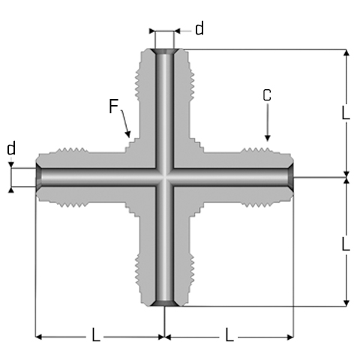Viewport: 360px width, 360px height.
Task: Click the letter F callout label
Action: [114, 106]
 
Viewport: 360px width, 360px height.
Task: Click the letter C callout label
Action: [267, 95]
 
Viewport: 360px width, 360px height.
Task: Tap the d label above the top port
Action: [199, 28]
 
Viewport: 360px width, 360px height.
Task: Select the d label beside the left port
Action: [11, 148]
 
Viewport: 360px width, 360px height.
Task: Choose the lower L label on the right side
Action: [346, 244]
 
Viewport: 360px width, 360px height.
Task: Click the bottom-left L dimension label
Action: [96, 334]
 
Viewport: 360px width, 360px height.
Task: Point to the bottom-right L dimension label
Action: [229, 334]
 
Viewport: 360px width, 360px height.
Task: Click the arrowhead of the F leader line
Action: [127, 134]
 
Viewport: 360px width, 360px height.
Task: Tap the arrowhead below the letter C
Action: [267, 138]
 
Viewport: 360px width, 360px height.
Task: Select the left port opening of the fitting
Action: [39, 177]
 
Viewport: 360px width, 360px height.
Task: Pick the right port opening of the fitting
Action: [290, 177]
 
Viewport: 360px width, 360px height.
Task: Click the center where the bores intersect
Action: [164, 177]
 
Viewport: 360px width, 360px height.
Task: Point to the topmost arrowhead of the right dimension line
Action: [346, 52]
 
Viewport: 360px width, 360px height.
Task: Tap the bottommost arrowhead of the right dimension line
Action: [346, 303]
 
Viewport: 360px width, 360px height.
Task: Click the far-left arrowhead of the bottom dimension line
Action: [38, 337]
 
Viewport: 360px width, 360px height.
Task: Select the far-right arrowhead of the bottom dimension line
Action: [290, 337]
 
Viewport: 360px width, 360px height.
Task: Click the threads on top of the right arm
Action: [256, 150]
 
